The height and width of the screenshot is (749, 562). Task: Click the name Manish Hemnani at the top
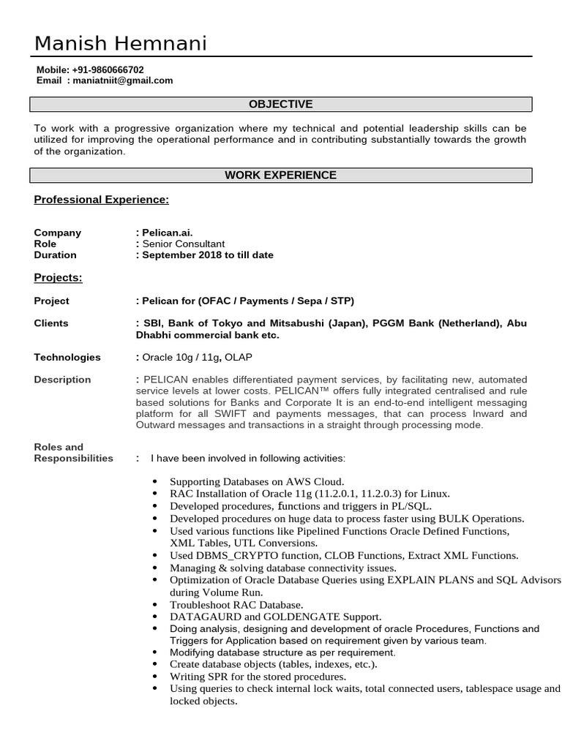121,44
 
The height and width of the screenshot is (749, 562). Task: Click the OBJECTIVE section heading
280,105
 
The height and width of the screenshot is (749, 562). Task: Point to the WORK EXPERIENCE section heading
280,176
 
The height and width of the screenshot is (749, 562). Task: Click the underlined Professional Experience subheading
102,199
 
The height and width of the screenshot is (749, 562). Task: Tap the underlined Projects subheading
58,278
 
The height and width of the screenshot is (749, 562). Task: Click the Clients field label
51,323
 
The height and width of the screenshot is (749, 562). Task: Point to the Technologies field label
67,358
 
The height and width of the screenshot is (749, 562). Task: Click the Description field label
62,380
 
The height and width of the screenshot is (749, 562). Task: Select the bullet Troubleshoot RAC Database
236,605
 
